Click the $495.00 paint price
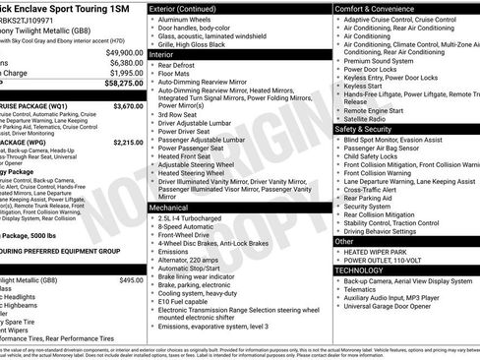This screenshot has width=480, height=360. point(131,280)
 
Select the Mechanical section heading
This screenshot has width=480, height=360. point(171,208)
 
